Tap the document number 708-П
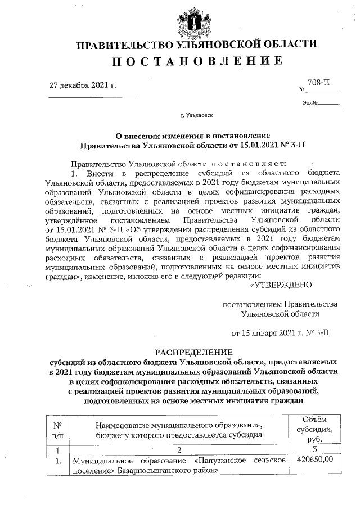click(324, 83)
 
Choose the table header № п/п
click(57, 430)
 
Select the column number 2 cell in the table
click(178, 450)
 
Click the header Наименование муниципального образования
click(178, 425)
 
